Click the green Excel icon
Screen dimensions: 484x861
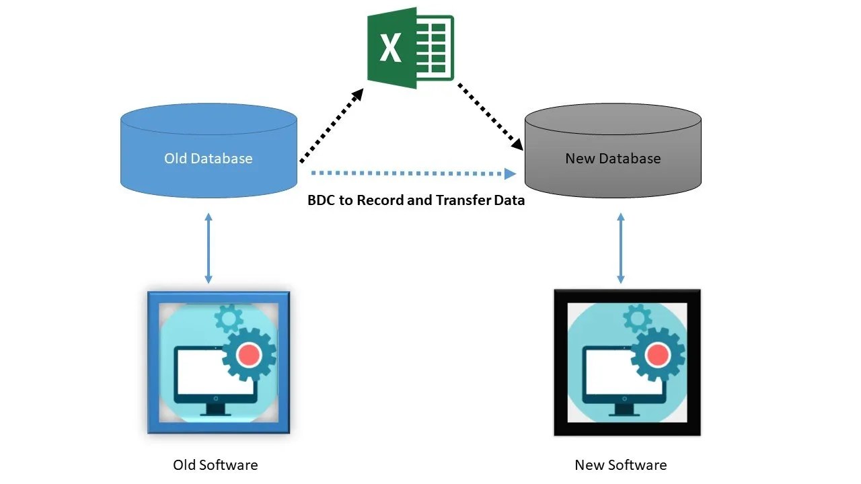pyautogui.click(x=410, y=48)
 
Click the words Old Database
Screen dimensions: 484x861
pyautogui.click(x=209, y=159)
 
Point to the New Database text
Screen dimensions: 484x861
pyautogui.click(x=613, y=159)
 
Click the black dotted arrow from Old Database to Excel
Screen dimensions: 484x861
pyautogui.click(x=331, y=126)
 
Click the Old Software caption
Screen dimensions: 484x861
pyautogui.click(x=215, y=465)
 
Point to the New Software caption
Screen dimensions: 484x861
pyautogui.click(x=620, y=465)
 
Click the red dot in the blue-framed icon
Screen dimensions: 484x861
pyautogui.click(x=249, y=353)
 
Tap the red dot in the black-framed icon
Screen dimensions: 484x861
pyautogui.click(x=658, y=353)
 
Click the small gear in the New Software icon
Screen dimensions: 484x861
pyautogui.click(x=638, y=317)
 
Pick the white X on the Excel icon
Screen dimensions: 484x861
pyautogui.click(x=390, y=48)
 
